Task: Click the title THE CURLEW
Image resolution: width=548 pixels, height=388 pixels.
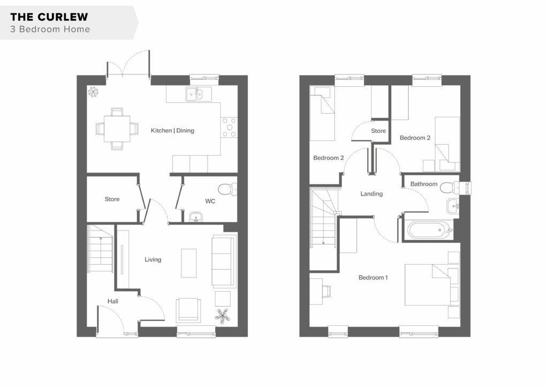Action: click(x=49, y=17)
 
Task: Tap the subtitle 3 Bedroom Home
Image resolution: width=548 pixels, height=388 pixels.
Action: click(x=50, y=29)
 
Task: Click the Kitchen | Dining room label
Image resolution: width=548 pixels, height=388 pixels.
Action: click(x=172, y=131)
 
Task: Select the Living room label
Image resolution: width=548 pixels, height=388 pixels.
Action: click(x=153, y=259)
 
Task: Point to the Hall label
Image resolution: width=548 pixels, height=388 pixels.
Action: click(x=112, y=301)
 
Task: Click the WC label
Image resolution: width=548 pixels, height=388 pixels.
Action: click(x=210, y=201)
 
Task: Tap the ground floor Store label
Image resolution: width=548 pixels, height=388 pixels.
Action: click(x=112, y=199)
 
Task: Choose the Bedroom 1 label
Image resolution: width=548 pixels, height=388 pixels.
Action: click(x=373, y=278)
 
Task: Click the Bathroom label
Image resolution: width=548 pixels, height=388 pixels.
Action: click(x=424, y=184)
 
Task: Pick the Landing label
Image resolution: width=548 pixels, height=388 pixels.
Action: click(x=371, y=193)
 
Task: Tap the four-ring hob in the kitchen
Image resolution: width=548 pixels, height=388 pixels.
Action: click(x=229, y=128)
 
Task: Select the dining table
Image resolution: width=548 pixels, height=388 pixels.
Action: click(x=117, y=129)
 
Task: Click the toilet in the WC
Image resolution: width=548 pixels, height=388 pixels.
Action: click(x=227, y=189)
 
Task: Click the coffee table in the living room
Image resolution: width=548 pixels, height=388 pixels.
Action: click(x=189, y=263)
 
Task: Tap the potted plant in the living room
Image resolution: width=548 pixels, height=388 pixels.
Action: click(x=222, y=316)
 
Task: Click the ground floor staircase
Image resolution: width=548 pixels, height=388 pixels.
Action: click(x=100, y=249)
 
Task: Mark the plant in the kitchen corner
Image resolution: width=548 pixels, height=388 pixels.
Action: click(x=93, y=92)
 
